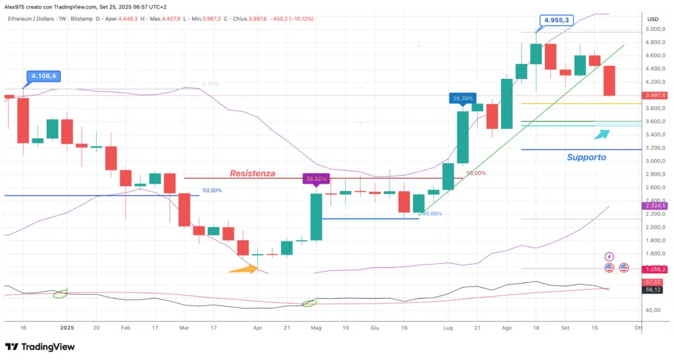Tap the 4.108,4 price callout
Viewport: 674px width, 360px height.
41,76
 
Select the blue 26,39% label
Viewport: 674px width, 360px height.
463,99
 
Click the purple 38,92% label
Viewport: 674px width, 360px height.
315,178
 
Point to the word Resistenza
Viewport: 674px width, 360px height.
252,174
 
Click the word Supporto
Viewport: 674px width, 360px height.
586,157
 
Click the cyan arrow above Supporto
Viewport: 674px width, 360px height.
602,134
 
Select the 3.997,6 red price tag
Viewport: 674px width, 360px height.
655,95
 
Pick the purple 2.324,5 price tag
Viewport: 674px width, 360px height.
655,206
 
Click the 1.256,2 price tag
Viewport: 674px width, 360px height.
655,269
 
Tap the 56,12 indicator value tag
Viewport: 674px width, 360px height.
653,290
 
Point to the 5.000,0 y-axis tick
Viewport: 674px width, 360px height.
654,29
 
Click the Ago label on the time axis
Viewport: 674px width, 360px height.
506,327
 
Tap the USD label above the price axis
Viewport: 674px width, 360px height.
653,18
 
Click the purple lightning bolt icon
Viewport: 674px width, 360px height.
609,256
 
